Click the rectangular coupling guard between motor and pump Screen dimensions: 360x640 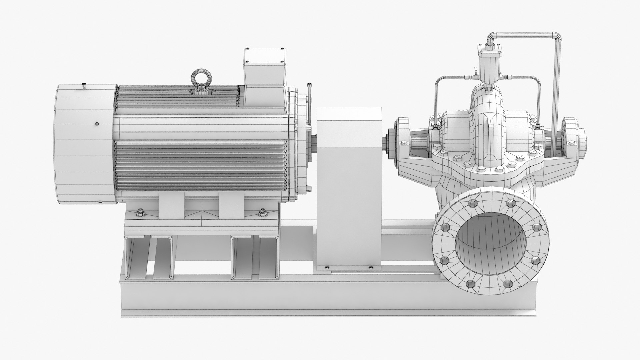pyautogui.click(x=348, y=187)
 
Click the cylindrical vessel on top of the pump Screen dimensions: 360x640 pyautogui.click(x=489, y=70)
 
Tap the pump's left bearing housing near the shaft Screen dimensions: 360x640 pyautogui.click(x=402, y=132)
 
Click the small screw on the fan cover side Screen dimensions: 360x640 pyautogui.click(x=97, y=124)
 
